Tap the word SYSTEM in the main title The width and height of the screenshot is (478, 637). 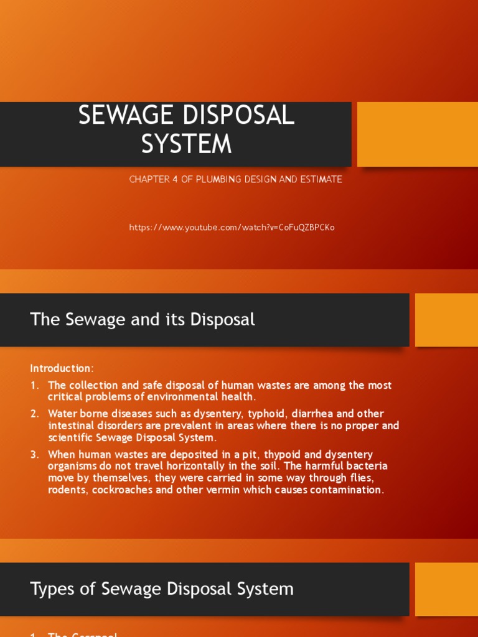click(186, 144)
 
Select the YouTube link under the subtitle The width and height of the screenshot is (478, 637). click(232, 228)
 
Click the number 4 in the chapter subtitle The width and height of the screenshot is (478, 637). click(176, 179)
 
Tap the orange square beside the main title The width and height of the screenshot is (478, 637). click(417, 134)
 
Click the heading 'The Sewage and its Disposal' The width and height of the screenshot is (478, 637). click(143, 320)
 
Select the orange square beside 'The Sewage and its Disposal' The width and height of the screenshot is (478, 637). click(446, 320)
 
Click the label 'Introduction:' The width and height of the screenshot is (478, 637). click(62, 368)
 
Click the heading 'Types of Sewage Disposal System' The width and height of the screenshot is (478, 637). click(162, 588)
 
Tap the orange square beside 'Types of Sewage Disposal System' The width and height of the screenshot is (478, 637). click(446, 588)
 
